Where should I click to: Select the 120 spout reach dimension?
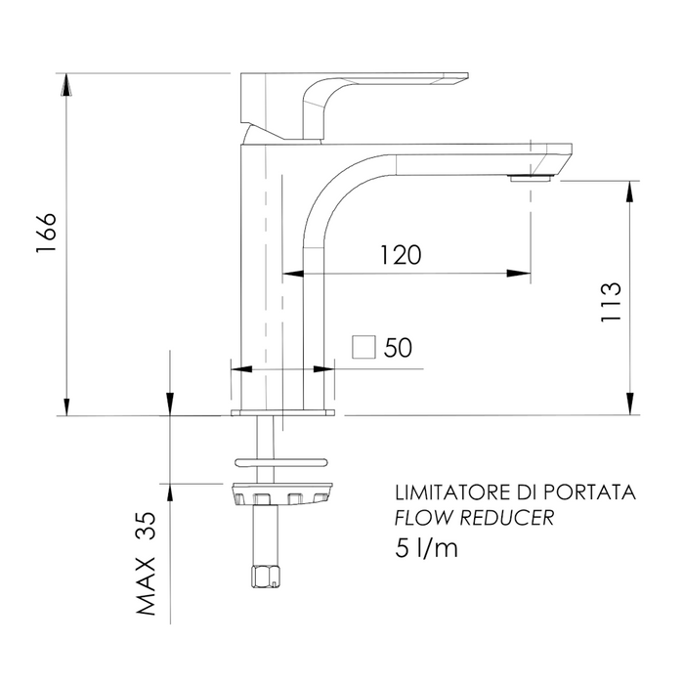401,255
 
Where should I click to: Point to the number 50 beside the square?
398,348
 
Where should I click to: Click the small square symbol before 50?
364,348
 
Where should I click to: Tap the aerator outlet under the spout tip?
531,178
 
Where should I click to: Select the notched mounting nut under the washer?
283,495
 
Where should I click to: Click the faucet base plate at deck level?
283,413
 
